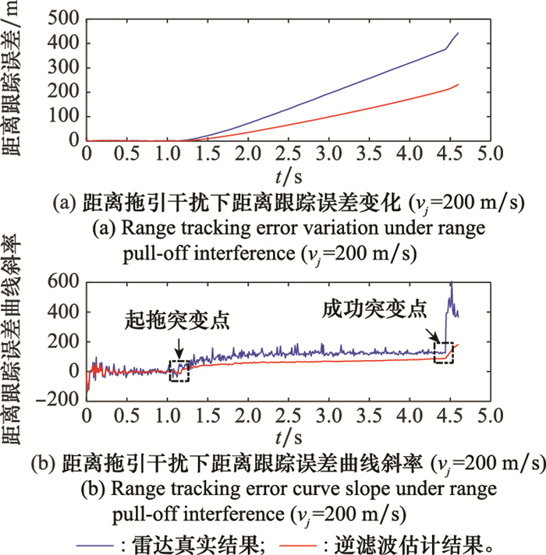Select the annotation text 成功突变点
click(374, 309)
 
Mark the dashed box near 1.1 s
click(179, 371)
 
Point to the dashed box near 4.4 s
click(443, 352)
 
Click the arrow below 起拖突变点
click(179, 346)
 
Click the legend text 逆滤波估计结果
click(421, 540)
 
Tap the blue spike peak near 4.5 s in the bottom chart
click(451, 283)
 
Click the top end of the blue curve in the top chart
click(458, 33)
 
